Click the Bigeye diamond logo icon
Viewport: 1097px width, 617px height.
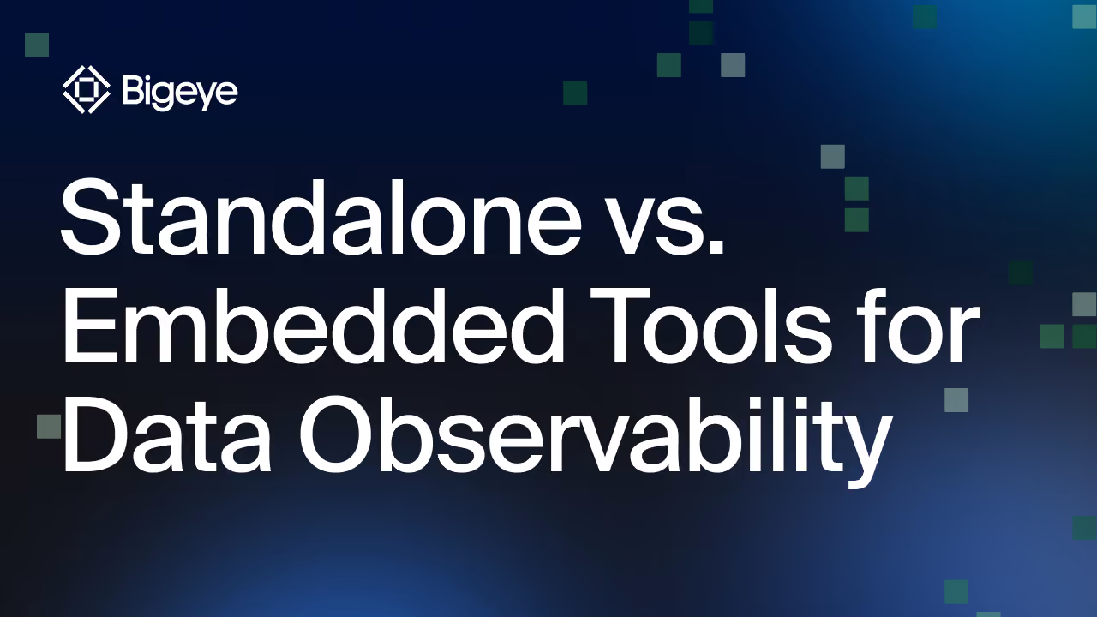pyautogui.click(x=87, y=90)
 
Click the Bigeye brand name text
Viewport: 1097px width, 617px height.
pyautogui.click(x=180, y=91)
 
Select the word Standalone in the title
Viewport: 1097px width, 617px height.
pyautogui.click(x=321, y=217)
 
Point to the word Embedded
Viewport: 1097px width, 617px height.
pyautogui.click(x=313, y=325)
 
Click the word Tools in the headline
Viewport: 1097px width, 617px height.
pyautogui.click(x=710, y=325)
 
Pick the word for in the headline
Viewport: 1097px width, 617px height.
pyautogui.click(x=917, y=324)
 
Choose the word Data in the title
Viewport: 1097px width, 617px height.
pyautogui.click(x=167, y=434)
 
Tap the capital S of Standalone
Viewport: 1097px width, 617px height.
pyautogui.click(x=91, y=218)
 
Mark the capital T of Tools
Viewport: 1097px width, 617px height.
pyautogui.click(x=620, y=325)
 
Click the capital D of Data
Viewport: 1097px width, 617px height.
pyautogui.click(x=98, y=434)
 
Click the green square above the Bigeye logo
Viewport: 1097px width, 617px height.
pyautogui.click(x=37, y=45)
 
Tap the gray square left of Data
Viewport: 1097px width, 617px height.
pyautogui.click(x=49, y=427)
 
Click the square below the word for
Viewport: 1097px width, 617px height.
pyautogui.click(x=956, y=400)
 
